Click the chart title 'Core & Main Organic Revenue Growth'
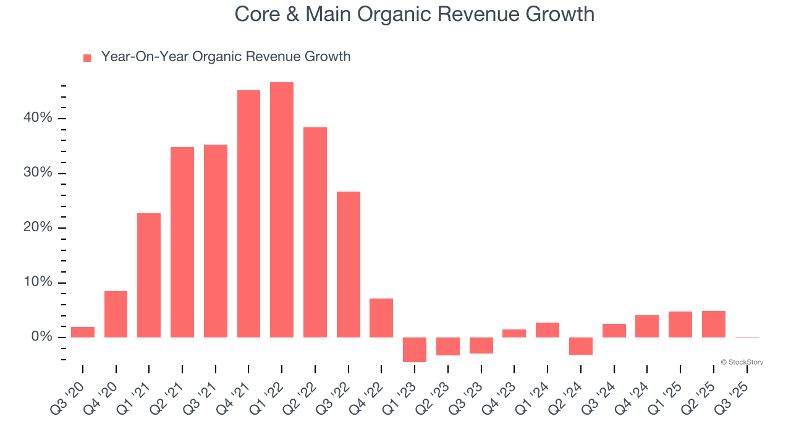414,15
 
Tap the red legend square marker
87,58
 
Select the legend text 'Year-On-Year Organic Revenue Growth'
226,57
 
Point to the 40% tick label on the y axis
38,118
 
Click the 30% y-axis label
38,173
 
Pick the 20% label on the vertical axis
38,227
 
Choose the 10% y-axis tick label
38,282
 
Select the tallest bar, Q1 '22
282,210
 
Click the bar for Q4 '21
248,214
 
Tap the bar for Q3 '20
83,332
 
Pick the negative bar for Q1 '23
415,349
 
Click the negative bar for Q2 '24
581,345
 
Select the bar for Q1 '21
149,275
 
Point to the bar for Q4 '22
381,318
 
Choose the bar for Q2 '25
714,324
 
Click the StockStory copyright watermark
742,362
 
